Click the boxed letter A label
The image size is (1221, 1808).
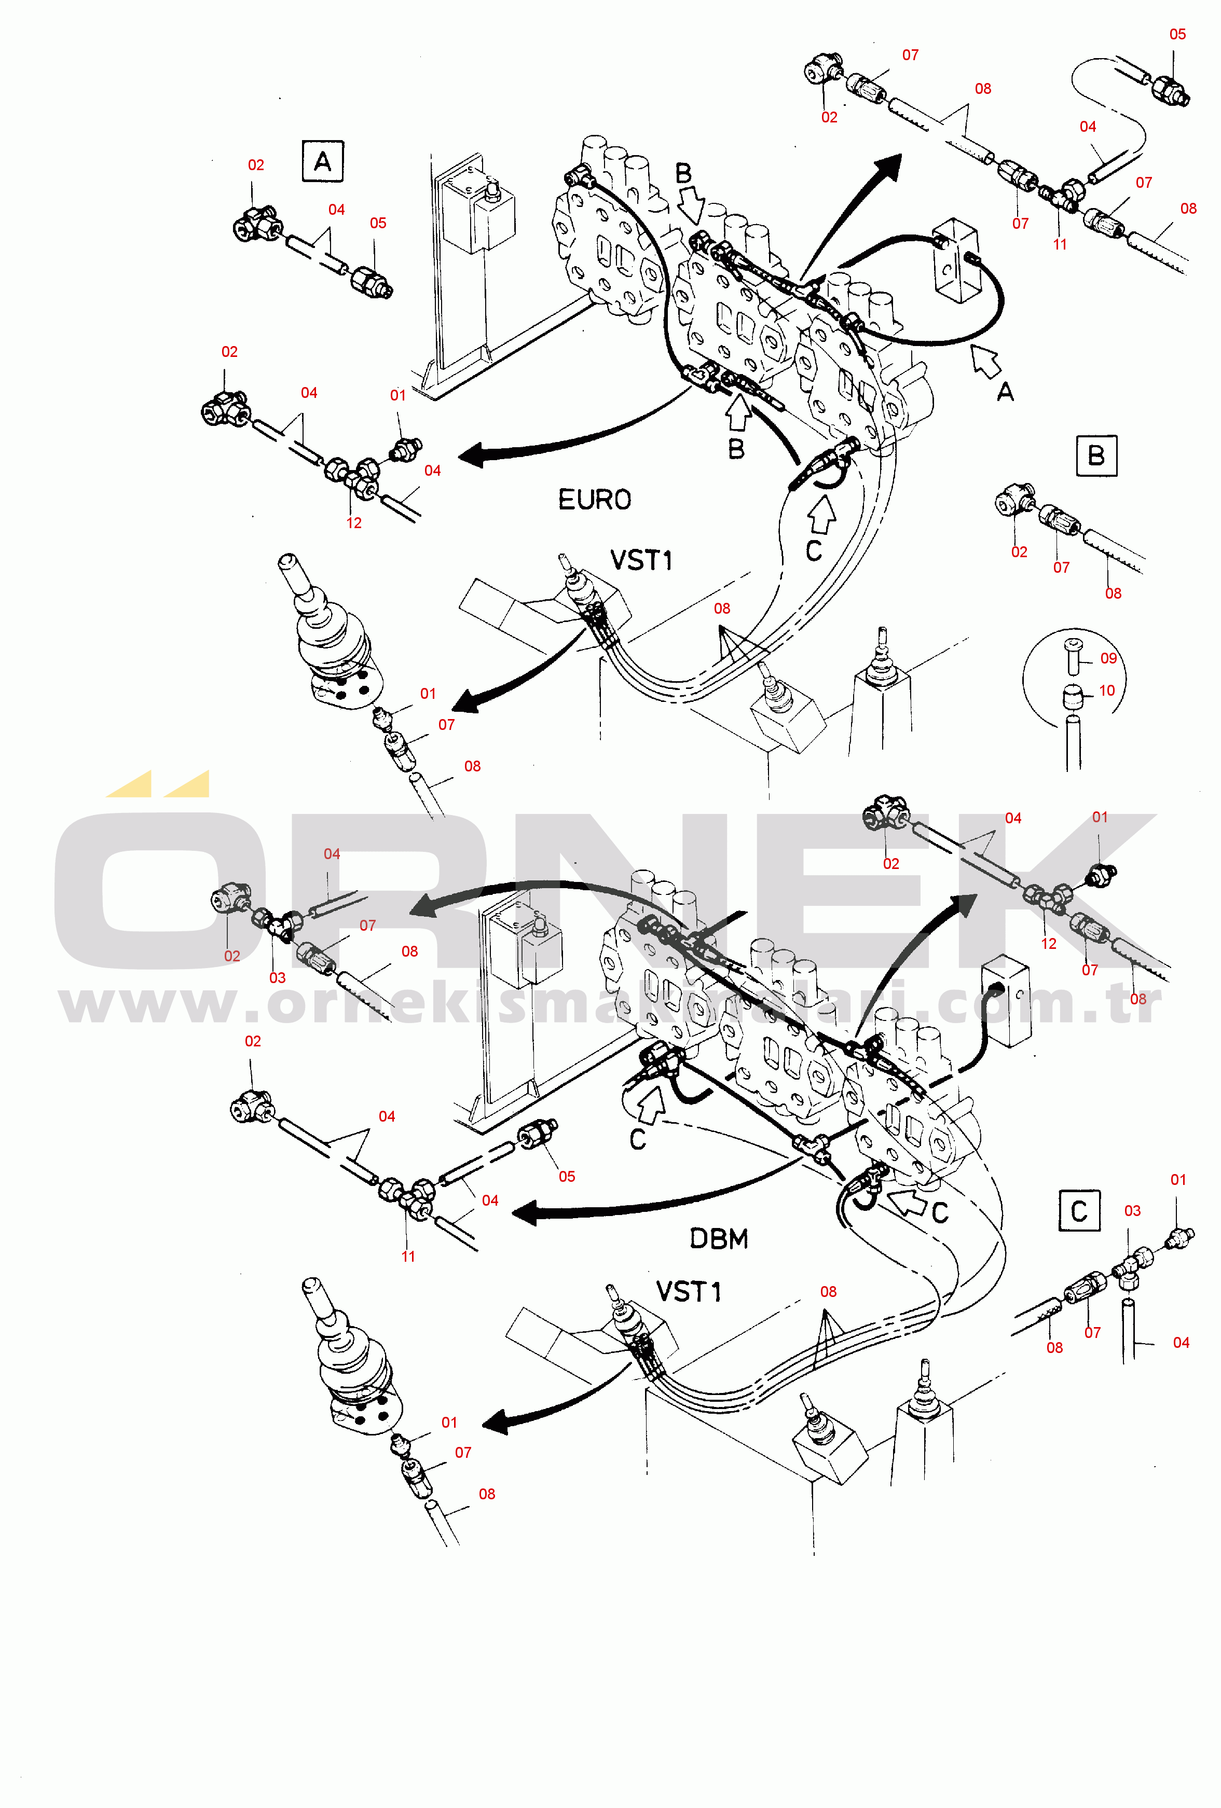click(x=322, y=161)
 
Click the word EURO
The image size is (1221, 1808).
click(x=595, y=500)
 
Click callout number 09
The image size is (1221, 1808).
click(x=1108, y=658)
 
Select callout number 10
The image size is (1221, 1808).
click(x=1107, y=690)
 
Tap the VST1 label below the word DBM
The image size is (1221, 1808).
click(x=689, y=1291)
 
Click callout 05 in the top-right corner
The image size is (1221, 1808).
click(x=1177, y=34)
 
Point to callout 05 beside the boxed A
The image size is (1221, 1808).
click(x=378, y=223)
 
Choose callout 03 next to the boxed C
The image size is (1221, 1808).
click(x=1132, y=1210)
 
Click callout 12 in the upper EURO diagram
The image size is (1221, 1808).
click(x=354, y=523)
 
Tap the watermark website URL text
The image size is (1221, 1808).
click(x=611, y=1003)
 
